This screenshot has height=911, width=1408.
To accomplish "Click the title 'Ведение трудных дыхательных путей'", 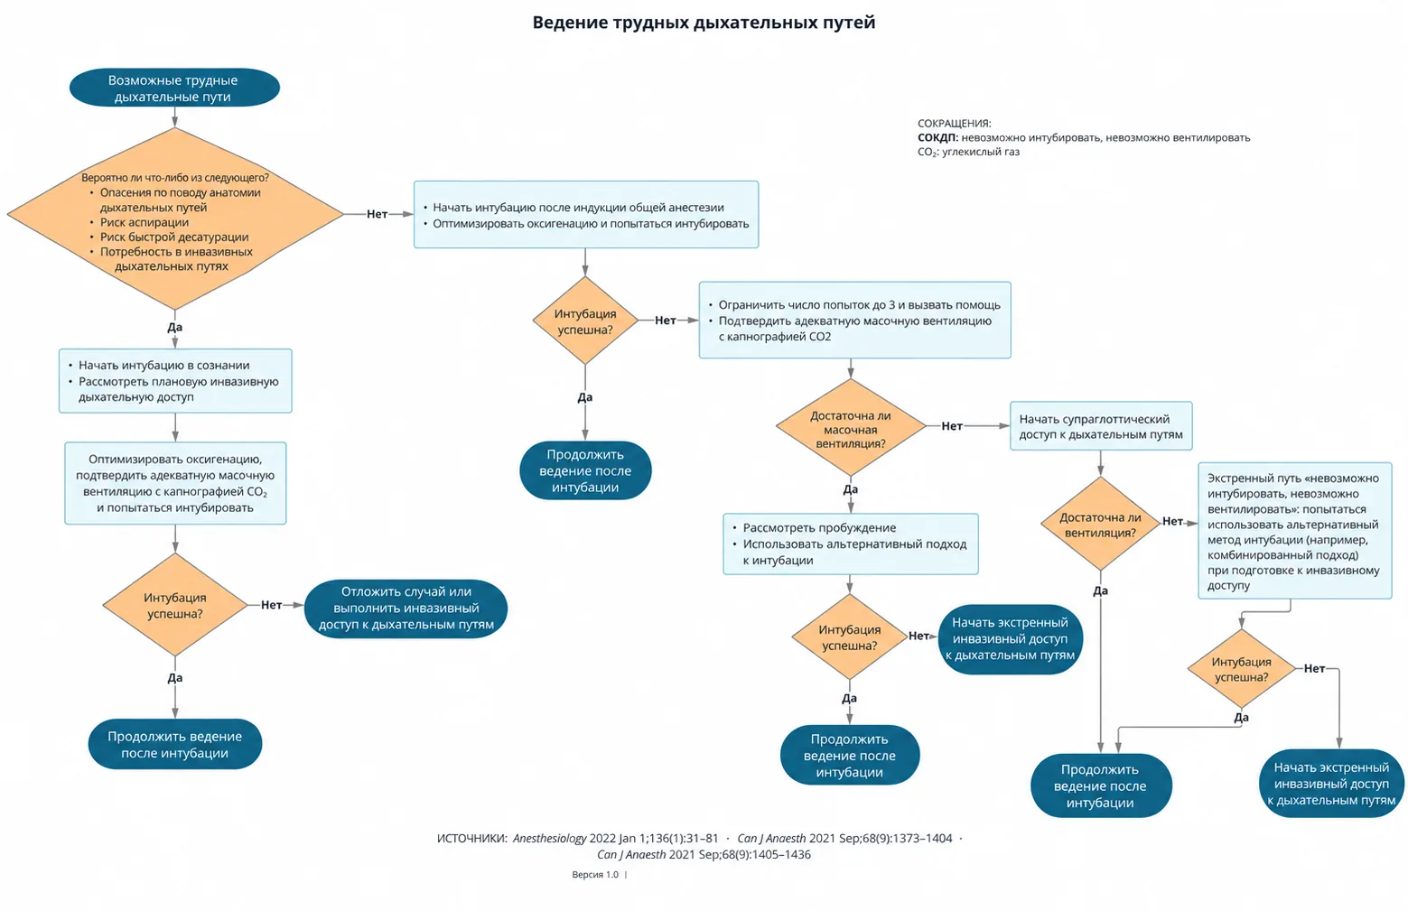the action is (x=704, y=23).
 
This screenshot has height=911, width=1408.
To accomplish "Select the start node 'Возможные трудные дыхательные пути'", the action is (x=174, y=88).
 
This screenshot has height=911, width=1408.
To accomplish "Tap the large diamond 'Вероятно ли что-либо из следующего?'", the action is (x=175, y=218).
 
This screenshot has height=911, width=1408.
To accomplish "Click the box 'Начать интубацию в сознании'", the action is (x=175, y=381).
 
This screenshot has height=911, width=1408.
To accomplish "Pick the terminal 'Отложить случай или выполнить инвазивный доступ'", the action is (x=406, y=609).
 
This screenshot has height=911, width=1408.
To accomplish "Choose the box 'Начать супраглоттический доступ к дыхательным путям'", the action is (x=1101, y=426).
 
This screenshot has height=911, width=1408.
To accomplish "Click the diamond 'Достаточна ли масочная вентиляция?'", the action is (x=851, y=427).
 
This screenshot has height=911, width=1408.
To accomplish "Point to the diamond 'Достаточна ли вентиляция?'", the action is (x=1100, y=524).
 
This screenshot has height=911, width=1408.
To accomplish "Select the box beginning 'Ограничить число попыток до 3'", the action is (x=855, y=320).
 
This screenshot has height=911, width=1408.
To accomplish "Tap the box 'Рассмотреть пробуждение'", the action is (x=851, y=544).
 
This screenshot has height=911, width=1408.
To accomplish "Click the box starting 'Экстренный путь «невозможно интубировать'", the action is (x=1295, y=531).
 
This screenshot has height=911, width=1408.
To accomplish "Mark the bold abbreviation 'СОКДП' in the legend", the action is (x=937, y=137).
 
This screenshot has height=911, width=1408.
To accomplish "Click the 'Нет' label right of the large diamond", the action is (x=378, y=214).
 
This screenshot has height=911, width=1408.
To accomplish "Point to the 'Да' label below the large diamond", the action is (x=174, y=328).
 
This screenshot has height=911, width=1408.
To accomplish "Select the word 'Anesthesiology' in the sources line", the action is (x=549, y=838).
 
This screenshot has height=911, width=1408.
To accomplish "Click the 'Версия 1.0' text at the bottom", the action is (x=595, y=875).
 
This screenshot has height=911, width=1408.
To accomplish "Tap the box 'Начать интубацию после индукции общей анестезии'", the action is (x=586, y=215).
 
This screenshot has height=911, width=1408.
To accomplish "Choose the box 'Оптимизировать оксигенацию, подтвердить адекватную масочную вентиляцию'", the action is (x=175, y=483).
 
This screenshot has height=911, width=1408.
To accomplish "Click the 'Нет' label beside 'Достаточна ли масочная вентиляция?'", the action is (x=952, y=426).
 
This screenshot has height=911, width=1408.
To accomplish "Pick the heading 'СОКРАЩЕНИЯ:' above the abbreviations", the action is (x=955, y=124).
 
